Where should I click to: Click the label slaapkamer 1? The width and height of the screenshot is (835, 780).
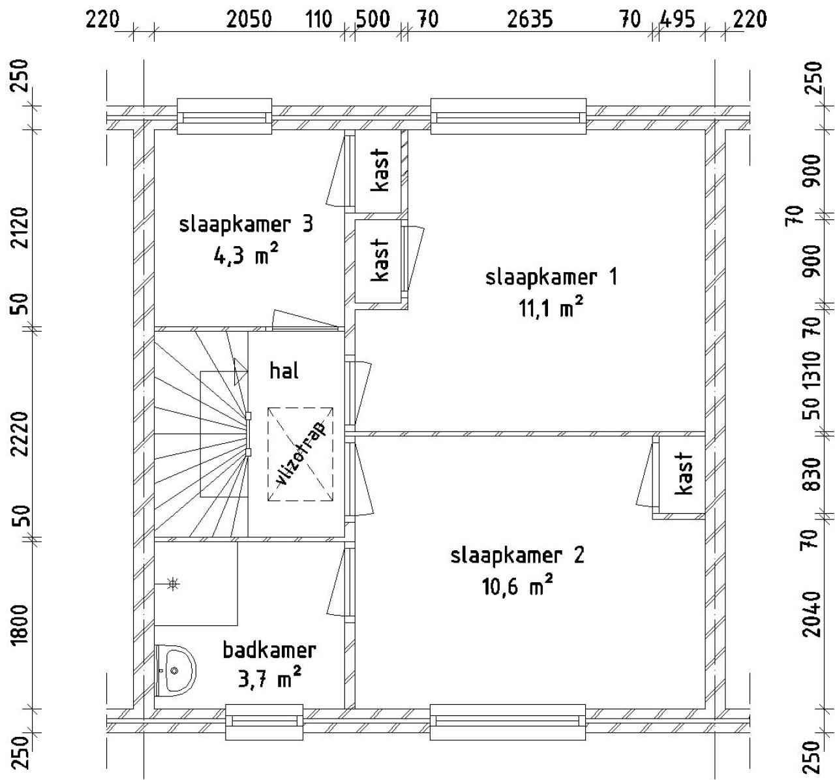coord(551,277)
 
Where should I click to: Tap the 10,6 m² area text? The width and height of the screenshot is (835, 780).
coord(517,585)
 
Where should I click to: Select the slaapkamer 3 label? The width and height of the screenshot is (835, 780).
coord(246,225)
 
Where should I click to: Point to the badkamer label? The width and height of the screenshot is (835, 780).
coord(269,650)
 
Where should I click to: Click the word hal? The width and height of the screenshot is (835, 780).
coord(284,371)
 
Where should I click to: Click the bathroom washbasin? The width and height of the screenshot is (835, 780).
coord(175,670)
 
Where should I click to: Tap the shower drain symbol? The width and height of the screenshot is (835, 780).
coord(173,584)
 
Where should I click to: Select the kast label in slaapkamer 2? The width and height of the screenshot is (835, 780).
coord(683,473)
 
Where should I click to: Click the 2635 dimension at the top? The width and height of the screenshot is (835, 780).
coord(530,20)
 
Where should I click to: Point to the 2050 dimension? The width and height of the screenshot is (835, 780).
coord(249,20)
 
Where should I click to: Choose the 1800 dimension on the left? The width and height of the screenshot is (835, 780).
coord(20,625)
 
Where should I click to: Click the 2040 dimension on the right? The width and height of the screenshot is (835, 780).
coord(812,614)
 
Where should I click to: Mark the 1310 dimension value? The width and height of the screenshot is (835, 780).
coord(812,370)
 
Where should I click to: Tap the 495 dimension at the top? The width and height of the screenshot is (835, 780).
coord(677,20)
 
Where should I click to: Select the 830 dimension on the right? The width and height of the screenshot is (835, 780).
coord(812,474)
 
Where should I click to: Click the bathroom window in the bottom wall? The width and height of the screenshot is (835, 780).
coord(264,722)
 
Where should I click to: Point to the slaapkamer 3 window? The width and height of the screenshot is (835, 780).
coord(224,117)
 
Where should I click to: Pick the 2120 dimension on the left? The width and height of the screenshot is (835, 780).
coord(20,227)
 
